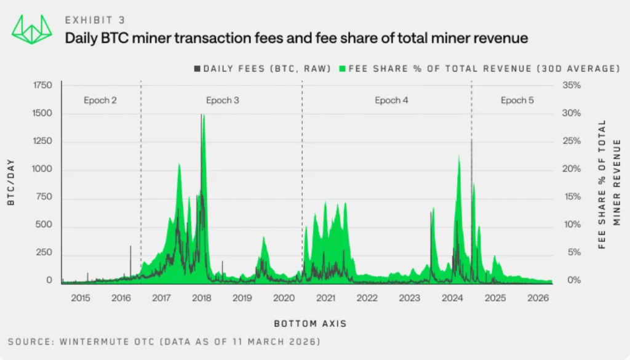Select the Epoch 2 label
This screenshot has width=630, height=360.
point(100,100)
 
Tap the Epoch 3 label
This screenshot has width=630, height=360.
point(223,100)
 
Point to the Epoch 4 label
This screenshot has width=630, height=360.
point(391,100)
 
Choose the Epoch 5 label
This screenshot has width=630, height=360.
point(517,100)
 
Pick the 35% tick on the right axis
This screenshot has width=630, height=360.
point(572,85)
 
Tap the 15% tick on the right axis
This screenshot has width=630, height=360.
point(572,197)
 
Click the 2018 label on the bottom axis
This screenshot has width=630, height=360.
point(202,298)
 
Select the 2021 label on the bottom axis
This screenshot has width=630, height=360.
point(325,298)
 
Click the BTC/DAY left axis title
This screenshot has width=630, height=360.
point(11,182)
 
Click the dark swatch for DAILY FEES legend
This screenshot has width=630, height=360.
point(197,68)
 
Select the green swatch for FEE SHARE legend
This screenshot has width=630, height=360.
point(343,68)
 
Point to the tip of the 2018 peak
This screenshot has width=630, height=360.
point(202,114)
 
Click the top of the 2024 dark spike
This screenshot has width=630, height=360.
point(472,140)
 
